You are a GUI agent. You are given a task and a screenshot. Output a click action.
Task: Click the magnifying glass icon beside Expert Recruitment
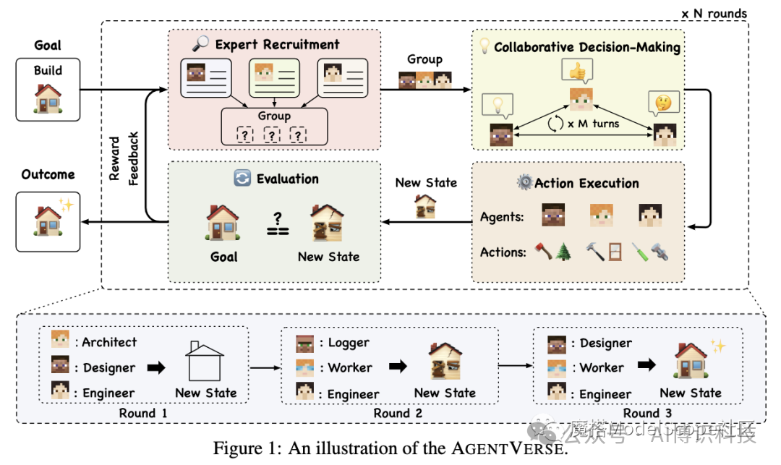point(201,44)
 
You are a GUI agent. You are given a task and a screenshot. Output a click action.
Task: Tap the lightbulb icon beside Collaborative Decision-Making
point(485,46)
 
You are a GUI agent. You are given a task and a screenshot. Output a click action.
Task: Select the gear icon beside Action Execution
point(524,182)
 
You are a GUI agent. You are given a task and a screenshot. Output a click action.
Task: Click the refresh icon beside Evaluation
point(243,178)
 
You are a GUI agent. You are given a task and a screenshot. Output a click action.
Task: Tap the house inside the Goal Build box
point(48,98)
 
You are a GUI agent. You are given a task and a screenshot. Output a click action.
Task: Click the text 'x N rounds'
point(714,12)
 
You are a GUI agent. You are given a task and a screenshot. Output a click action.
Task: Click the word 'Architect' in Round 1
point(108,342)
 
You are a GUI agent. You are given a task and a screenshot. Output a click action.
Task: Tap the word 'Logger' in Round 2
point(349,342)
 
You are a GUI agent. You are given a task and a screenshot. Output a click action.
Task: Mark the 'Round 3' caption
point(647,413)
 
